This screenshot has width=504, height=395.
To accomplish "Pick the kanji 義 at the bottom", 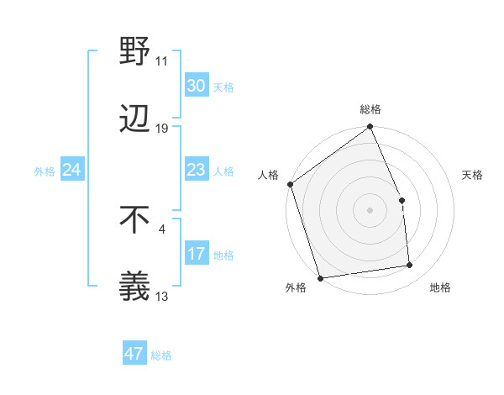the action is coord(135,286).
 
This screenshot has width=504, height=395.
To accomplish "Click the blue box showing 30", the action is coord(197,86).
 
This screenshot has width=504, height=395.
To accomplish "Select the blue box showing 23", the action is coord(197,170).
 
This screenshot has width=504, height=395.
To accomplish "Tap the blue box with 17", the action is coord(197,254).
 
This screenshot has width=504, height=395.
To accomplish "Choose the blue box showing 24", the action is coord(72,170).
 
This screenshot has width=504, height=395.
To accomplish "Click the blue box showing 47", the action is coord(134,354).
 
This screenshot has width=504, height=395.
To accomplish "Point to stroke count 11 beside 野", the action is coord(162,61).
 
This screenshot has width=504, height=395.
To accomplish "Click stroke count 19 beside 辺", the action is coord(162,129).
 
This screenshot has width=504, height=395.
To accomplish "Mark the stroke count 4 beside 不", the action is coord(162,228).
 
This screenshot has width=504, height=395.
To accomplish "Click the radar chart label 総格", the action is coord(370,109).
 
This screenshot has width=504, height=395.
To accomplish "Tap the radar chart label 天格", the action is coord(472,175).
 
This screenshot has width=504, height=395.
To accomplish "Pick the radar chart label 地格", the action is coord(440,288).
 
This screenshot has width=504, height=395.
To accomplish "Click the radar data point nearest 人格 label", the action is coord(290,184).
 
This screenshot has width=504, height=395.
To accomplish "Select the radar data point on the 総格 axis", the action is coord(370,128).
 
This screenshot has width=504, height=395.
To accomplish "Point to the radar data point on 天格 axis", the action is coord(402,200).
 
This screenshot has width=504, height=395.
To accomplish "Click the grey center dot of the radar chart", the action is coord(370,210).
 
